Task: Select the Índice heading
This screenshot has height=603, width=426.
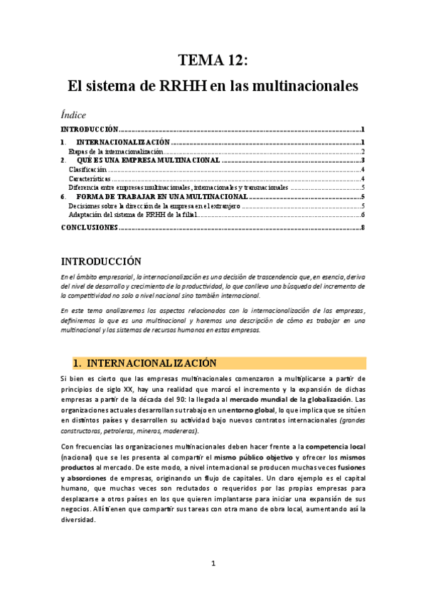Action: [74, 114]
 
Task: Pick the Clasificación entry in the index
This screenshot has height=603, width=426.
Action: [87, 171]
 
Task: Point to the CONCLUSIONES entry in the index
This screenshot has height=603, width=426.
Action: [89, 228]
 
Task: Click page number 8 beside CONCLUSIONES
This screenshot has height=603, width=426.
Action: [363, 228]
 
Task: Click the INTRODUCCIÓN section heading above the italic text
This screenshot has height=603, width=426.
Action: [101, 261]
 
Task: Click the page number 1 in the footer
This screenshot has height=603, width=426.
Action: [213, 564]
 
